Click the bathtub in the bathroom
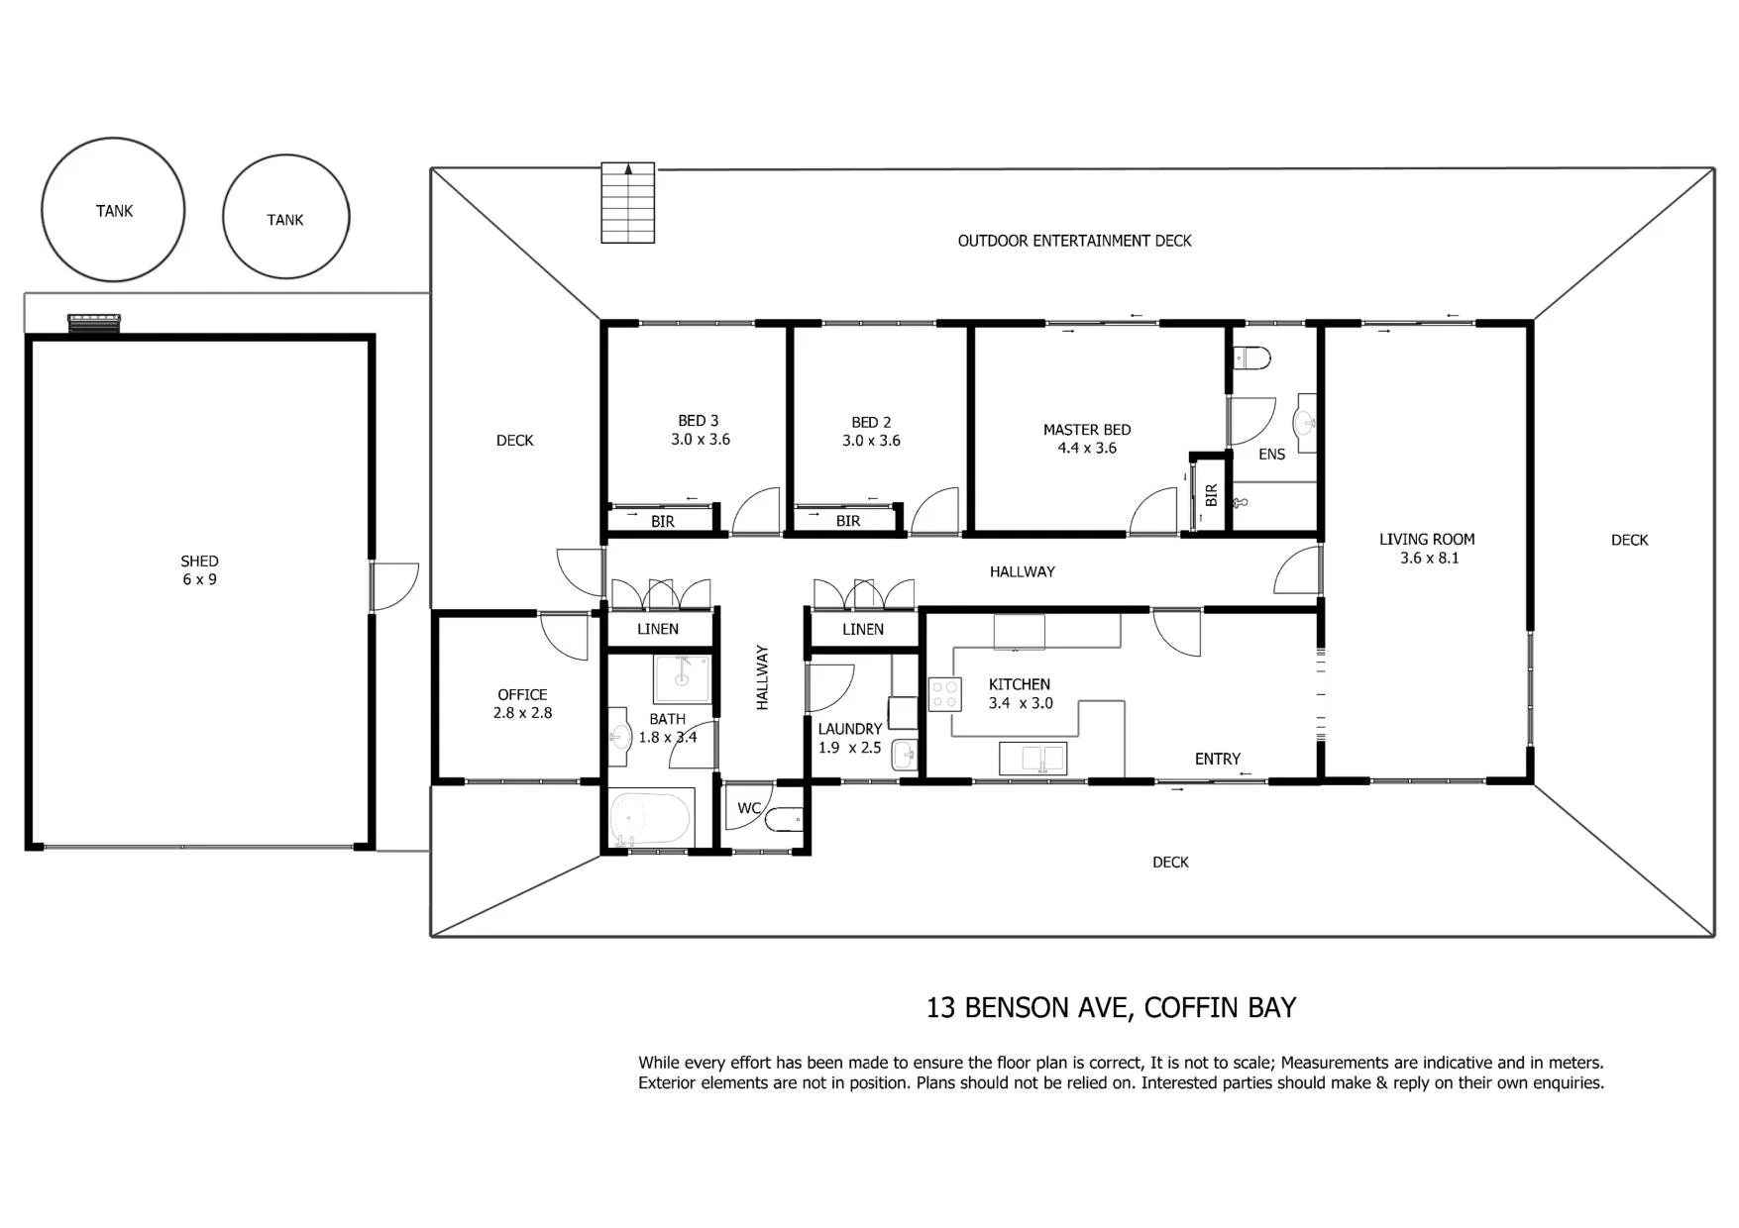650,818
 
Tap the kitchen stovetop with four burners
945,694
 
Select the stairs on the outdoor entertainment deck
628,203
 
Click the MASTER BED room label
1087,430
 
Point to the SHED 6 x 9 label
199,570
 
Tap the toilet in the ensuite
1250,357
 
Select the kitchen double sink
1033,759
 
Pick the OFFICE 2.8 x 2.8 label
522,704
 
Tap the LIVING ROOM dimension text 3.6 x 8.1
1429,559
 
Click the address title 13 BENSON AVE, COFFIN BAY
1111,1007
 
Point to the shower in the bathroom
682,678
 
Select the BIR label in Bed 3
663,522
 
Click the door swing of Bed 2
935,512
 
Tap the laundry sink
905,755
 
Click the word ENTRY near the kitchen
1218,759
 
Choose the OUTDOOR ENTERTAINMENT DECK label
1074,241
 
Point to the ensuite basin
1306,424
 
